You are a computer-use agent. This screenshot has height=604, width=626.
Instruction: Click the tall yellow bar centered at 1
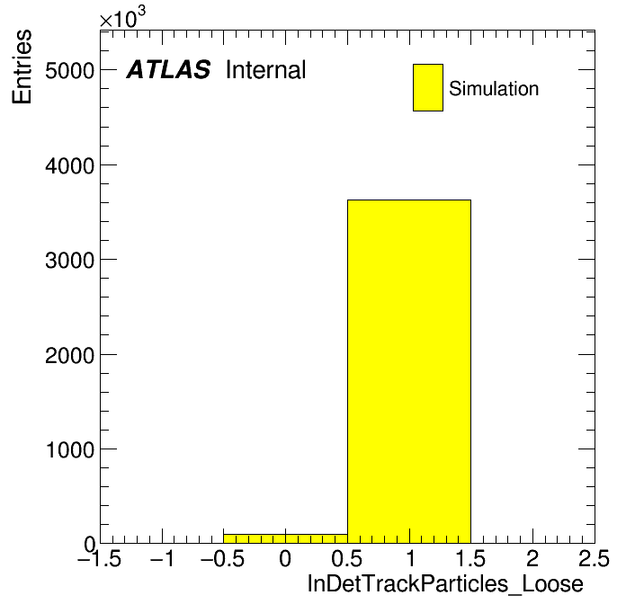click(x=409, y=371)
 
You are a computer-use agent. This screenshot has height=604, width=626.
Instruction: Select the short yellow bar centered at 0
click(x=285, y=538)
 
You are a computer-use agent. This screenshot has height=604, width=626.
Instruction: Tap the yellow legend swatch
click(x=428, y=87)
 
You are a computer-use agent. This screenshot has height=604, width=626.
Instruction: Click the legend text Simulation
click(x=494, y=88)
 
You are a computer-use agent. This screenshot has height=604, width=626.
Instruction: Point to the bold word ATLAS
click(x=168, y=69)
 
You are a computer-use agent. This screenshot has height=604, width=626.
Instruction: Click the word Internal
click(x=266, y=69)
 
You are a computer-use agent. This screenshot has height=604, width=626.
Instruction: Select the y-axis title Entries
click(x=22, y=67)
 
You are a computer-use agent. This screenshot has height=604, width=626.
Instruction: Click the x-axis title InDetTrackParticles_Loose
click(x=445, y=584)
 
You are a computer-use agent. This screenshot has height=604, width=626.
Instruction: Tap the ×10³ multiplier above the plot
click(x=122, y=17)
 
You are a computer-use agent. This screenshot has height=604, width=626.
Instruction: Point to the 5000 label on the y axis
click(x=69, y=71)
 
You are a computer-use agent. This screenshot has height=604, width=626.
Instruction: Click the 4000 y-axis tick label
click(x=69, y=165)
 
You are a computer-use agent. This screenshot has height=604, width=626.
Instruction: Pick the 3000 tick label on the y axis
click(x=69, y=261)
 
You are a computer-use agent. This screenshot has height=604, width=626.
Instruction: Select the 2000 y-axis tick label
click(x=69, y=355)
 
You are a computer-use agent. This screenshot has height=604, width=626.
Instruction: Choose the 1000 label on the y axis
click(x=69, y=450)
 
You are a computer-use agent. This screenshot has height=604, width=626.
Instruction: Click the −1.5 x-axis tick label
click(x=99, y=558)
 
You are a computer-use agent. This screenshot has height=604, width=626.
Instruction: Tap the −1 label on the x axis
click(x=162, y=558)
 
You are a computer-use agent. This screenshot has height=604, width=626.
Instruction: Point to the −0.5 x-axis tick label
click(x=222, y=558)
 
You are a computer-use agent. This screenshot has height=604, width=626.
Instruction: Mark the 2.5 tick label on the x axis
click(x=594, y=558)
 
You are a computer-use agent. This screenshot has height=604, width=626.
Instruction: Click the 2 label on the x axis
click(x=532, y=558)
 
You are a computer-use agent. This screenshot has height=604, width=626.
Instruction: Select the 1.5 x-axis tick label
click(x=470, y=558)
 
